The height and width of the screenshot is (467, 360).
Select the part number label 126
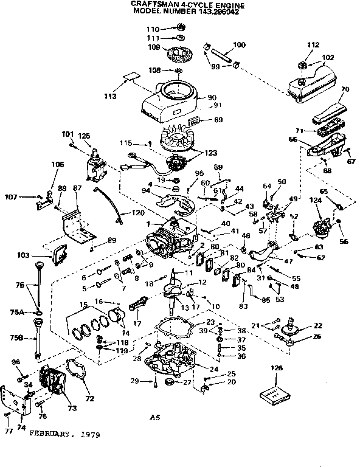[277, 368]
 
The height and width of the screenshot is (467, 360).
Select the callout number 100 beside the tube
[239, 45]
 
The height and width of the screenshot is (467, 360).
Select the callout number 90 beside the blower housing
[212, 97]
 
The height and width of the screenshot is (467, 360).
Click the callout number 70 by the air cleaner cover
[345, 89]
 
